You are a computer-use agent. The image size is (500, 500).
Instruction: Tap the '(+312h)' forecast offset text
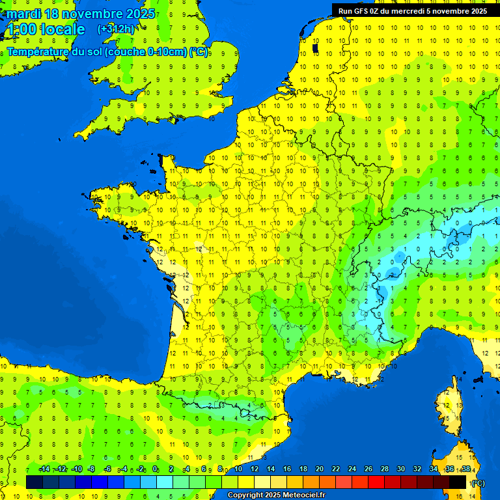pos(116,29)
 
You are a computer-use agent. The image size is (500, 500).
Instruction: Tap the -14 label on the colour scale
pos(44,469)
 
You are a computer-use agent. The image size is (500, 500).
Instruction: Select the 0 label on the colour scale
pos(155,469)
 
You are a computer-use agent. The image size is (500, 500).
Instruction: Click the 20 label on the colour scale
pos(320,469)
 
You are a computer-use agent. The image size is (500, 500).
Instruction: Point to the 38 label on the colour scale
pos(465,469)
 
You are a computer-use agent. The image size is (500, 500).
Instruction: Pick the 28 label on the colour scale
pos(384,469)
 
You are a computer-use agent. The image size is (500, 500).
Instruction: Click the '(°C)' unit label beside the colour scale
pos(478,482)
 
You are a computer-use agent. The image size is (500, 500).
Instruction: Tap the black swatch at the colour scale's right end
pos(458,482)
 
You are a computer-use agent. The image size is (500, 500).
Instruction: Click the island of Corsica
pos(447,407)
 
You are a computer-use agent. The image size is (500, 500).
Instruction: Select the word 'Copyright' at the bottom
pos(245,495)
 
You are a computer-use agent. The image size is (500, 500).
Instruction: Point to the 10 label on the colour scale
pos(238,469)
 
